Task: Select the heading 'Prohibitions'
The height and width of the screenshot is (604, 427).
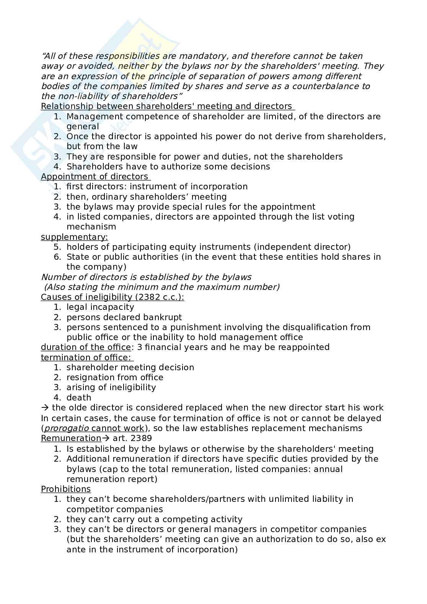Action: tap(66, 489)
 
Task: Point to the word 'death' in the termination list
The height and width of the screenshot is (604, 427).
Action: tap(79, 398)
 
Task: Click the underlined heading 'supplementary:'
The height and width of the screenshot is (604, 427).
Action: tap(74, 237)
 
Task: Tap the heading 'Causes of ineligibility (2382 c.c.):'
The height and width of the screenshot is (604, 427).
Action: tap(112, 297)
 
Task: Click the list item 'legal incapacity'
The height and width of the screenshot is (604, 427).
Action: tap(100, 307)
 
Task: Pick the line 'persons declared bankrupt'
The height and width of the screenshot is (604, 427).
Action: tap(124, 317)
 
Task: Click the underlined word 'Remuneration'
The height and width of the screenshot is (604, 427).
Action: tap(71, 438)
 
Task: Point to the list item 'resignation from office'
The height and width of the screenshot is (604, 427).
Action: tap(115, 378)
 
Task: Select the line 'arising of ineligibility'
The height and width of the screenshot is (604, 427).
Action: tap(111, 387)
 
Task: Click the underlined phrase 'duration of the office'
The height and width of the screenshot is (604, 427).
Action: tap(86, 347)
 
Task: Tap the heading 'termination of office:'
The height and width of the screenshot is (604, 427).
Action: tap(86, 357)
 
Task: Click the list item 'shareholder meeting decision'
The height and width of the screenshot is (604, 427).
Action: tap(130, 368)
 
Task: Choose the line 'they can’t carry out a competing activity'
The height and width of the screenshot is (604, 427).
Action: tap(154, 519)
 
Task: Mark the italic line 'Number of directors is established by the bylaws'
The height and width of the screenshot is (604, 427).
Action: tap(146, 277)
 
